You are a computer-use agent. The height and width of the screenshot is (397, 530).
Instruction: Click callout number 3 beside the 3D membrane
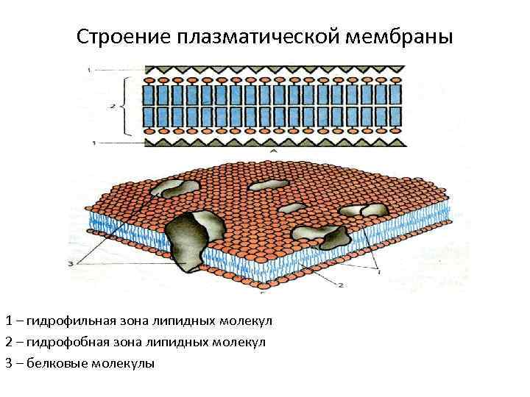coord(69,262)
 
